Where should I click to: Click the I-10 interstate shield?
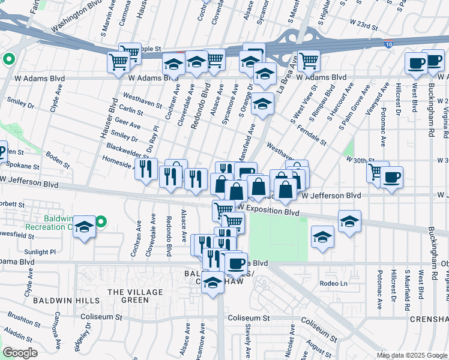[x=389, y=43]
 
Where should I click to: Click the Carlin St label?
[x=130, y=110]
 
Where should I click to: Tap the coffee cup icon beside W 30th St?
[x=391, y=178]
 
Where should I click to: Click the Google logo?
[x=20, y=352]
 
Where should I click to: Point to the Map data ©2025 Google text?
[x=412, y=355]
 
